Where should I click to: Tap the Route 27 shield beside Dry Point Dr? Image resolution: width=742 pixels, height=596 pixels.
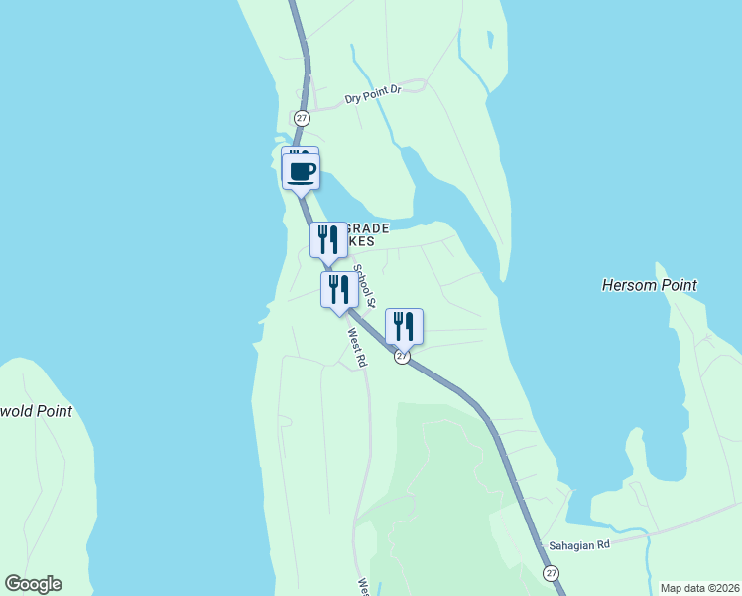(x=303, y=118)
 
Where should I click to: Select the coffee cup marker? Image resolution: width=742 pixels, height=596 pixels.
(x=302, y=171)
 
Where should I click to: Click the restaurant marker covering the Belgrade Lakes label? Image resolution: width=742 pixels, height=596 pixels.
(x=328, y=240)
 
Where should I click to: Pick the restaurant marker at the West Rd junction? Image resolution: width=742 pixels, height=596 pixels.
(x=339, y=290)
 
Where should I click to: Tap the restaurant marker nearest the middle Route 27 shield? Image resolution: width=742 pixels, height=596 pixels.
(x=404, y=326)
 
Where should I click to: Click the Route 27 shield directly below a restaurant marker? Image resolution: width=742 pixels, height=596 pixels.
(x=402, y=357)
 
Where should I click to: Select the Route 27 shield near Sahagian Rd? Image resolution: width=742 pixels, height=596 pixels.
(x=551, y=573)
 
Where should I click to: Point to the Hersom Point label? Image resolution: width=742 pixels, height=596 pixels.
(x=650, y=285)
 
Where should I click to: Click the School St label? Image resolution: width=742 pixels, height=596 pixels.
(x=366, y=287)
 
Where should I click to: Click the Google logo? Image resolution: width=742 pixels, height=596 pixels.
(x=33, y=584)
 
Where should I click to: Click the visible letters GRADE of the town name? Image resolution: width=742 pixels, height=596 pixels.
(x=369, y=227)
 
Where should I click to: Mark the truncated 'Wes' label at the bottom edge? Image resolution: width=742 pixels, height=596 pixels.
(x=363, y=586)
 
